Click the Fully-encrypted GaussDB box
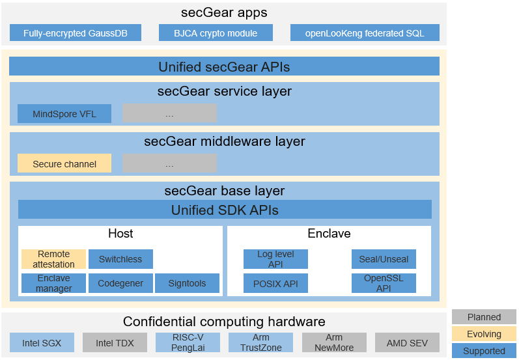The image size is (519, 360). pyautogui.click(x=76, y=33)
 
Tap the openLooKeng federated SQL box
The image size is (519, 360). pyautogui.click(x=365, y=33)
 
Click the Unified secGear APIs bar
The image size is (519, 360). pyautogui.click(x=224, y=66)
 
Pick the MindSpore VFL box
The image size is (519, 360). pyautogui.click(x=64, y=114)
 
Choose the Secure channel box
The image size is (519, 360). pyautogui.click(x=64, y=164)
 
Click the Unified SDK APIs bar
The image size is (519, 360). pyautogui.click(x=225, y=210)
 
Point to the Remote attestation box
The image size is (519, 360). pyautogui.click(x=53, y=259)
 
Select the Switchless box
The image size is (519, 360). pyautogui.click(x=120, y=259)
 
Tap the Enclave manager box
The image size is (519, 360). pyautogui.click(x=53, y=283)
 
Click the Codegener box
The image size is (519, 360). pyautogui.click(x=120, y=283)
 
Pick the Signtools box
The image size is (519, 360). pyautogui.click(x=187, y=283)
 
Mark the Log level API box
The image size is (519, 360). pyautogui.click(x=275, y=259)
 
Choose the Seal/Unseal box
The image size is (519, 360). pyautogui.click(x=384, y=259)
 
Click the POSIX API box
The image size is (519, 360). pyautogui.click(x=275, y=283)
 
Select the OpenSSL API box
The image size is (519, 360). pyautogui.click(x=384, y=283)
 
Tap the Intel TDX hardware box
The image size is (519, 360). pyautogui.click(x=115, y=342)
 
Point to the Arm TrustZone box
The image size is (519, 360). pyautogui.click(x=260, y=342)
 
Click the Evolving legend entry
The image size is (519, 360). pyautogui.click(x=484, y=334)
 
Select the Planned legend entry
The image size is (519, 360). pyautogui.click(x=484, y=317)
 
